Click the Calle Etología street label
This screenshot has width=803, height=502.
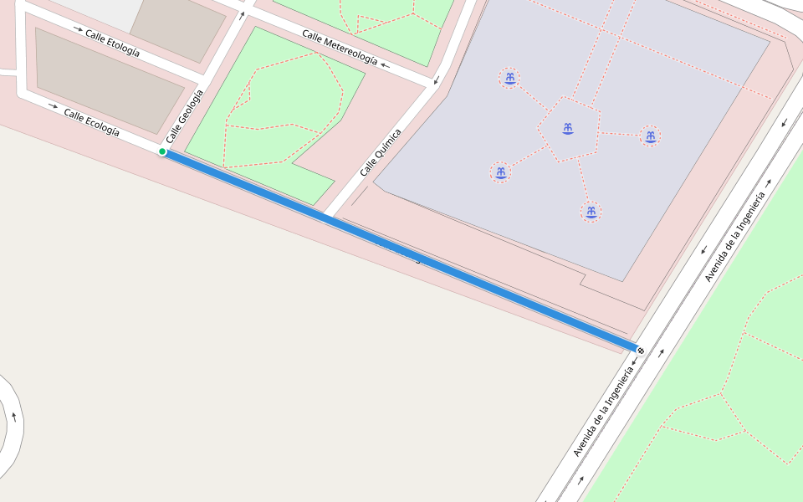[112, 43]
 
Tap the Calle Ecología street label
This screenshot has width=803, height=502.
[91, 121]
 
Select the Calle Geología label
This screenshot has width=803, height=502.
[184, 115]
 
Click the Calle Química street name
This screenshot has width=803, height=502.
[381, 151]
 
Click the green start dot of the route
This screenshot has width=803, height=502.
[162, 151]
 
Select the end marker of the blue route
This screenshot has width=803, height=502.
[640, 350]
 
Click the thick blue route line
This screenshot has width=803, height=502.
[401, 250]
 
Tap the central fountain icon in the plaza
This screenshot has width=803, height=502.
[568, 128]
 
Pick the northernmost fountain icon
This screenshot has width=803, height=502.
[509, 78]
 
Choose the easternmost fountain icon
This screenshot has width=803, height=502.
[650, 136]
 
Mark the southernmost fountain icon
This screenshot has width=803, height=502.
[591, 212]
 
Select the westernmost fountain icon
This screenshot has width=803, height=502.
[500, 172]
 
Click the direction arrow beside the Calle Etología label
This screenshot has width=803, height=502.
[78, 29]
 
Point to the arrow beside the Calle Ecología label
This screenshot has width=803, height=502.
[54, 106]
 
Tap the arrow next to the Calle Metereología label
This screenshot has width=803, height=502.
[385, 64]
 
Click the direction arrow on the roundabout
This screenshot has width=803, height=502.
[14, 416]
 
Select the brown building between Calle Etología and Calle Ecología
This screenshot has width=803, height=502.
[109, 80]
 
